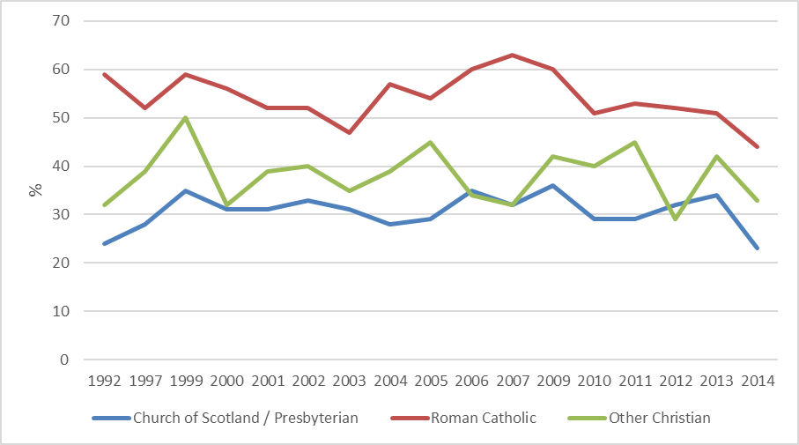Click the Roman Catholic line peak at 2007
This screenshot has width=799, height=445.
click(513, 55)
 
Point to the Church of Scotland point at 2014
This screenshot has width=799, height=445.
click(758, 248)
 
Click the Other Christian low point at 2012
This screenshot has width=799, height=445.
click(676, 219)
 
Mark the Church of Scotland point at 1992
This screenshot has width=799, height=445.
click(106, 243)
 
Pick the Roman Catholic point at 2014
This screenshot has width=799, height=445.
click(758, 147)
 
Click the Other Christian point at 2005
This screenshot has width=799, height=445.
click(432, 142)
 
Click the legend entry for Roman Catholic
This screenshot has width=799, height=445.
click(483, 418)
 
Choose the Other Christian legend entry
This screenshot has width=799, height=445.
click(659, 418)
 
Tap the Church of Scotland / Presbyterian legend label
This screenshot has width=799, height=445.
click(245, 418)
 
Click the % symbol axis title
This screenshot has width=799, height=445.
click(36, 189)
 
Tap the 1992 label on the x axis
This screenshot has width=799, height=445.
click(106, 382)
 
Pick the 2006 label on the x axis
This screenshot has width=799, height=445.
click(472, 382)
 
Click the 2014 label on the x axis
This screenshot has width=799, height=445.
click(758, 382)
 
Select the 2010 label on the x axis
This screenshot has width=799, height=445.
click(595, 382)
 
